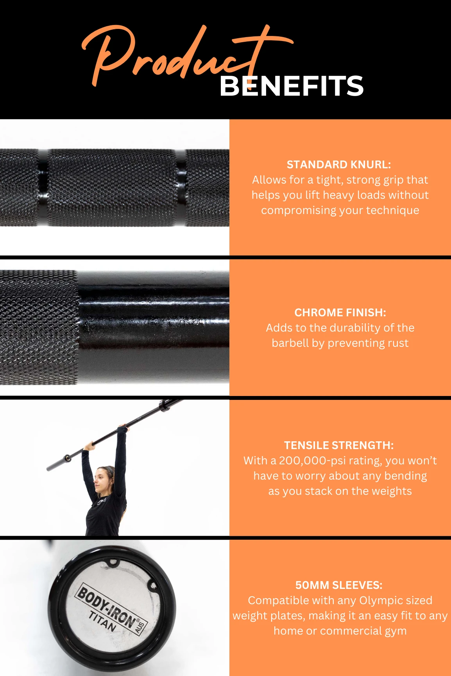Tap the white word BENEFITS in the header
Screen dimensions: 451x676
[x=292, y=86]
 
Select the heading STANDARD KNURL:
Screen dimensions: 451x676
[x=339, y=164]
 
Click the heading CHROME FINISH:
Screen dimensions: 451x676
[x=340, y=312]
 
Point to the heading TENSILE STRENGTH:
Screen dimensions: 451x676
[x=339, y=445]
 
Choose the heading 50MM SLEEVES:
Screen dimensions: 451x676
[x=339, y=585]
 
